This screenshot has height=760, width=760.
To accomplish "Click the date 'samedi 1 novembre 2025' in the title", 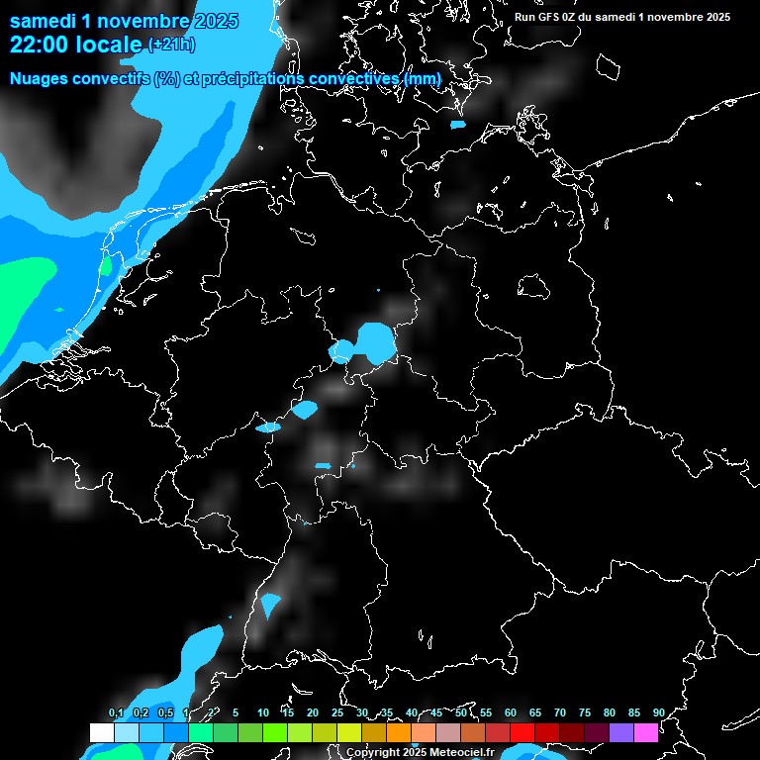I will click(124, 21).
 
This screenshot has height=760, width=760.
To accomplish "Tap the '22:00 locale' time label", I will click(75, 45).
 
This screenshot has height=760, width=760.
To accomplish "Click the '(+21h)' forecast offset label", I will click(171, 45).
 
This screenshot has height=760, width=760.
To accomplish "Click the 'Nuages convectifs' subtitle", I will click(79, 78).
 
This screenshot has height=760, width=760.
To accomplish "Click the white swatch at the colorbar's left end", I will click(101, 732).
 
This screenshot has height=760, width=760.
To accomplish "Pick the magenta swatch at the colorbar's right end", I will click(646, 732).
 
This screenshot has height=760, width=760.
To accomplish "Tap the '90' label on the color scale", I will click(658, 712).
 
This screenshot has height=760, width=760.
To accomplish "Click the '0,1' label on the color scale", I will click(116, 712).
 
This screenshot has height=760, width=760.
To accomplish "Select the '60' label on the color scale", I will click(510, 712).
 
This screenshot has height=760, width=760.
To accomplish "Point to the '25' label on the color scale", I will click(336, 712).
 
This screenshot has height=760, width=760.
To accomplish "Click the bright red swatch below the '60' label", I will click(522, 732).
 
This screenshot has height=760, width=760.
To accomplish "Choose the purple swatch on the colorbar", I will click(621, 732).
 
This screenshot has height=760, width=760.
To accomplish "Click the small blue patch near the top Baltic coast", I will click(457, 125).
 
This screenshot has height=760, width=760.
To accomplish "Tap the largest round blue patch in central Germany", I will click(375, 342).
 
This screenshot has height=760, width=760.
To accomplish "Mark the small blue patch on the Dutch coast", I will click(106, 265).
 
